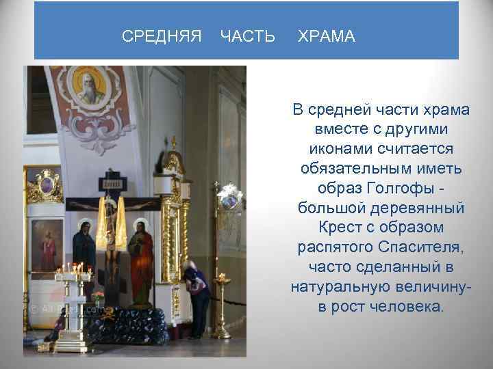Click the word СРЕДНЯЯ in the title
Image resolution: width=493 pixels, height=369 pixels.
pos(162,36)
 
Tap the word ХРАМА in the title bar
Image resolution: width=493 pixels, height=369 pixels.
pos(327,36)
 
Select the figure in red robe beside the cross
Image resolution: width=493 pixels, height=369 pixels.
pos(140,260)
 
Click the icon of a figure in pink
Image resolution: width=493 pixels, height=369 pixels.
pos(47,246)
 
